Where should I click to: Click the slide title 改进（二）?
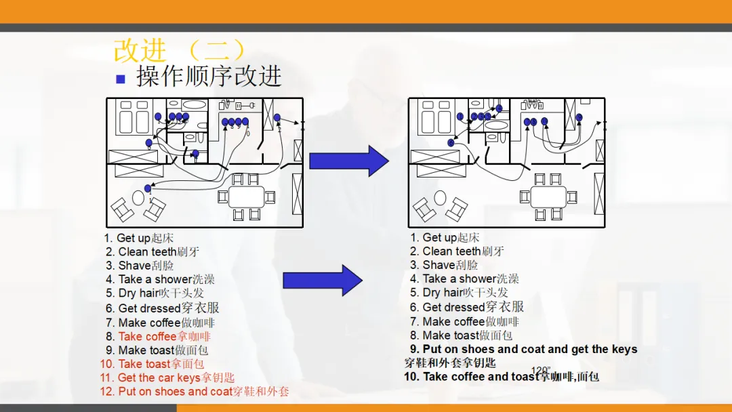[179, 51]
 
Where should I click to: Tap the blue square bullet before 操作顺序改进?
[121, 79]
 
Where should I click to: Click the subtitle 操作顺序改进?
[209, 77]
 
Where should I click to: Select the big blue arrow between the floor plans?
[348, 161]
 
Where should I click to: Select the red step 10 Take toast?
[152, 364]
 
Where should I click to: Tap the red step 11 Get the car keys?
[167, 377]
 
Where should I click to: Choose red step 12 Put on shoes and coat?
[194, 392]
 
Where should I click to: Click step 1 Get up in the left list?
[139, 238]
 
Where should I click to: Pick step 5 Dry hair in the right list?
[459, 293]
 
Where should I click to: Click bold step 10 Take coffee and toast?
[502, 377]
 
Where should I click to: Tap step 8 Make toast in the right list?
[461, 335]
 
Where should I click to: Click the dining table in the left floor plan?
[246, 197]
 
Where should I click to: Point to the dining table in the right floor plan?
[548, 197]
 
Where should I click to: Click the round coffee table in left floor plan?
[138, 199]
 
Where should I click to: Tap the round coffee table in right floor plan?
[441, 199]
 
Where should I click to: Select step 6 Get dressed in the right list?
[466, 307]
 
